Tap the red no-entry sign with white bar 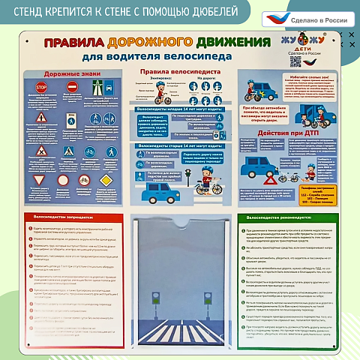pos(73,88)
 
